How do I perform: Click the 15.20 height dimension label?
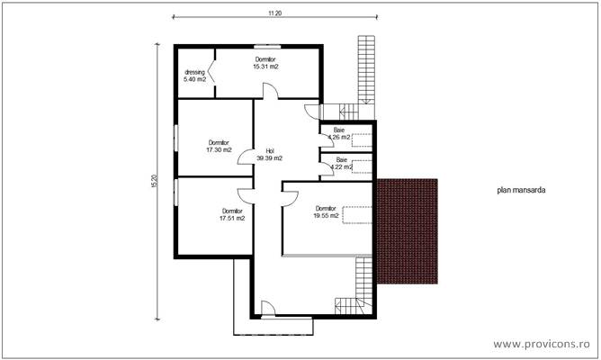(154, 180)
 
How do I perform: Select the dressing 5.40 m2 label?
(195, 76)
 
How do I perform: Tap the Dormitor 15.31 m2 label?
(265, 63)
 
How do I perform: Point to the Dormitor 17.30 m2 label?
(219, 146)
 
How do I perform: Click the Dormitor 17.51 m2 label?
(232, 214)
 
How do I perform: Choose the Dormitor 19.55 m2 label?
(326, 211)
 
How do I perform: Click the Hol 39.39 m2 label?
(269, 154)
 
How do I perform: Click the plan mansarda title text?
(522, 191)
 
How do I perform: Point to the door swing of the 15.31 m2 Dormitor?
(269, 91)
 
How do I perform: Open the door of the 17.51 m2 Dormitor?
(246, 195)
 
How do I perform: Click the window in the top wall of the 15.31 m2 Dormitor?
(265, 45)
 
